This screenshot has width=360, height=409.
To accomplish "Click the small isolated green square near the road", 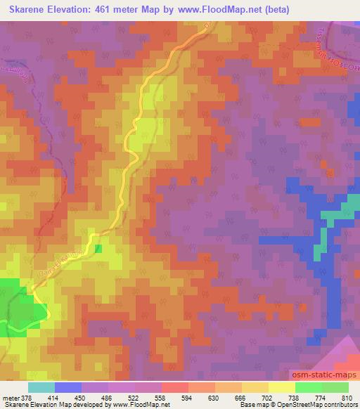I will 98,248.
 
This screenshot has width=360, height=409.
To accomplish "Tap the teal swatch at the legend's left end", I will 40,387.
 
